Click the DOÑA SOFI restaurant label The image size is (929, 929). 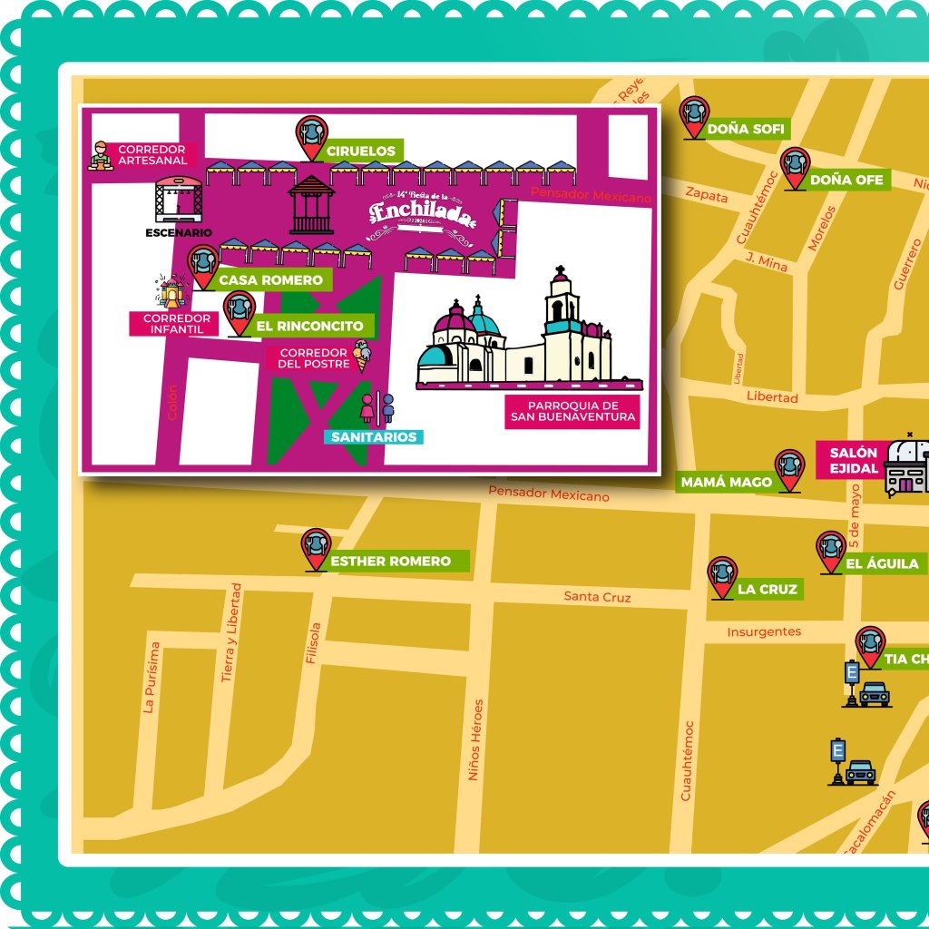pyautogui.click(x=745, y=129)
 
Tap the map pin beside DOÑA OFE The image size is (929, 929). pyautogui.click(x=795, y=168)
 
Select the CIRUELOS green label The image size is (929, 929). pyautogui.click(x=360, y=151)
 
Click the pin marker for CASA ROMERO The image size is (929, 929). pyautogui.click(x=203, y=261)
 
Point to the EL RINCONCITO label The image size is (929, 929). pyautogui.click(x=309, y=326)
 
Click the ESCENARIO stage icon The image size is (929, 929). pyautogui.click(x=178, y=200)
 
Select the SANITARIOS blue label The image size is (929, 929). pyautogui.click(x=374, y=437)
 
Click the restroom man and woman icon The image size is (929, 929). pyautogui.click(x=376, y=408)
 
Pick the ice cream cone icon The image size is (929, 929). pyautogui.click(x=363, y=356)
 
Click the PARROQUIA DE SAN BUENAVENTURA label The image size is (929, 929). pyautogui.click(x=572, y=412)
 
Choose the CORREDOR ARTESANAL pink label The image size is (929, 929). pyautogui.click(x=152, y=155)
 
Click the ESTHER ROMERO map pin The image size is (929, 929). pyautogui.click(x=316, y=550)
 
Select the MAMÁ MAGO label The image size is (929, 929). pyautogui.click(x=726, y=483)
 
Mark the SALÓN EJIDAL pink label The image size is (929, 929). pyautogui.click(x=853, y=461)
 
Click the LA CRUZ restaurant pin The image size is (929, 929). pyautogui.click(x=722, y=578)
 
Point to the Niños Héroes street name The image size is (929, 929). pyautogui.click(x=474, y=739)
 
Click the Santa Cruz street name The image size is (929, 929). pyautogui.click(x=597, y=597)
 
